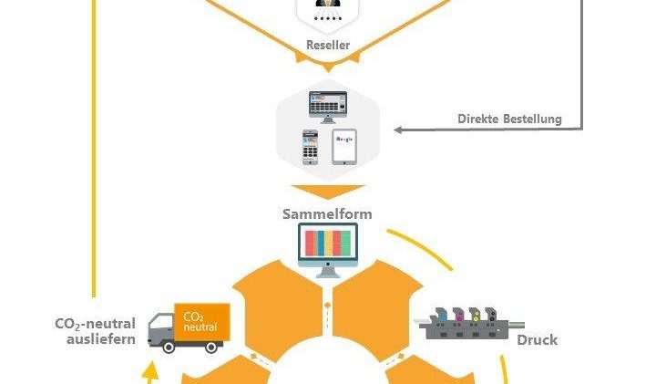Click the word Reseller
click(x=328, y=45)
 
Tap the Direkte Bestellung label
click(x=509, y=119)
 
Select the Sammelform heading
click(x=327, y=214)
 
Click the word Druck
click(x=538, y=339)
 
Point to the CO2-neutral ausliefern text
click(x=96, y=331)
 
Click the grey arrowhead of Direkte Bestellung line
click(x=398, y=130)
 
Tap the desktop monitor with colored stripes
click(x=328, y=250)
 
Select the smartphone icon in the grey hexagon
click(x=310, y=148)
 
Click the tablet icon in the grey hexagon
click(x=344, y=147)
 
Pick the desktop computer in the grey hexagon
click(x=328, y=108)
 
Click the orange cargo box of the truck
click(x=202, y=323)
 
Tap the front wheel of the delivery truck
click(x=169, y=347)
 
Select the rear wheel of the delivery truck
click(x=211, y=347)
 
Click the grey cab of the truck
click(x=161, y=329)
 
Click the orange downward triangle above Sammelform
click(x=328, y=191)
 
